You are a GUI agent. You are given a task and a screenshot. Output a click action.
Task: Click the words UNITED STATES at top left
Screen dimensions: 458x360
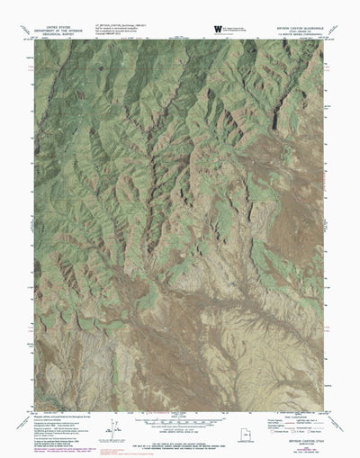(55, 27)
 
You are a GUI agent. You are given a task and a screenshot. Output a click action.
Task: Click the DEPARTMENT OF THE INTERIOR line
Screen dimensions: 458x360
(55, 31)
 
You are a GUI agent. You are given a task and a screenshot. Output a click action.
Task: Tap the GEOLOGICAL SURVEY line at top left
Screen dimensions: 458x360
(55, 36)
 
